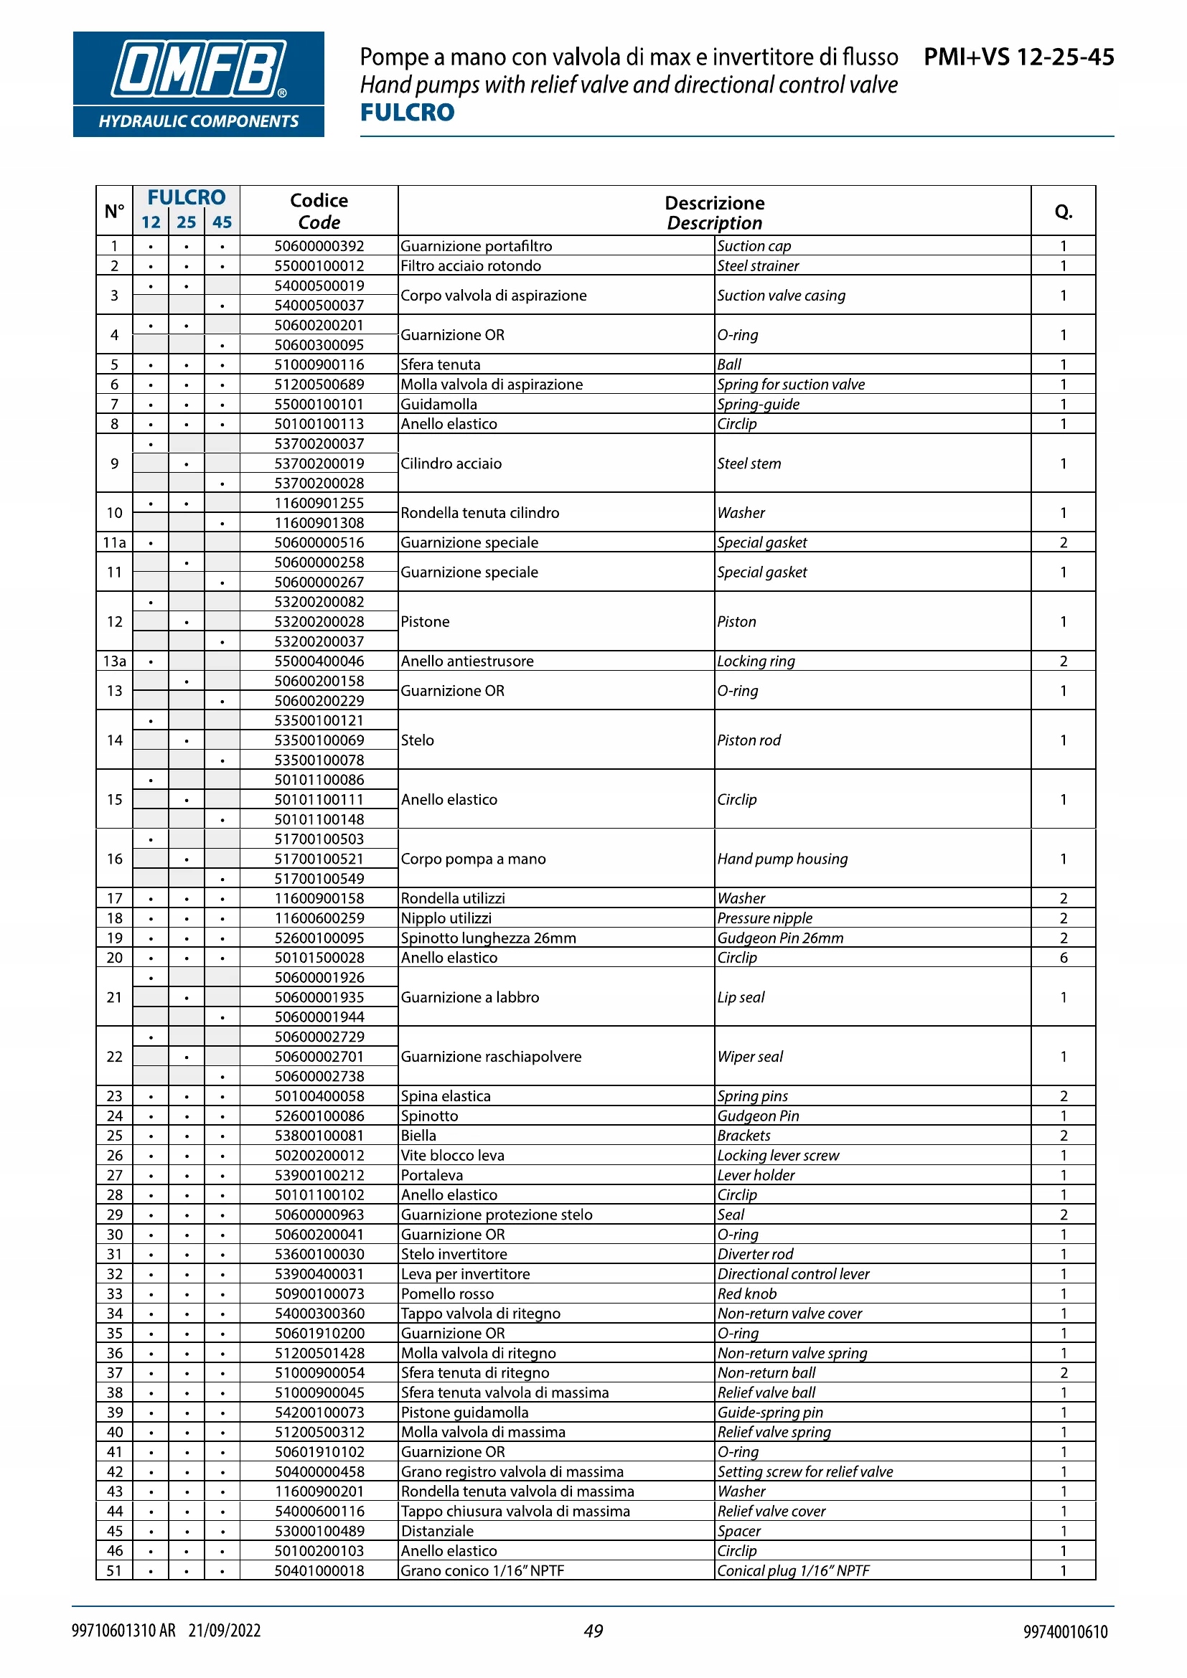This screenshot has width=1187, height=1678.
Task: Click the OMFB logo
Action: point(198,83)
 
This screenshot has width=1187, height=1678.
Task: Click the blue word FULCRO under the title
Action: point(407,113)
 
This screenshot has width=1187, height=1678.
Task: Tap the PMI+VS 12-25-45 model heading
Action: point(1018,57)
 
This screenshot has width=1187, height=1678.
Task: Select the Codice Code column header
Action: point(319,211)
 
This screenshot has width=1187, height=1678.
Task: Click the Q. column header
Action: point(1063,212)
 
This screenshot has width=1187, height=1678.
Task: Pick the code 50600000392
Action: point(319,246)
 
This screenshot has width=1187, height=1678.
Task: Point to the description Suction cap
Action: point(754,246)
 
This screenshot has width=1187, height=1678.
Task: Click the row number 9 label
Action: point(115,463)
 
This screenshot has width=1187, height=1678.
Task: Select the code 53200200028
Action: point(319,622)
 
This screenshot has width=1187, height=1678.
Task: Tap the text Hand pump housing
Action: point(782,859)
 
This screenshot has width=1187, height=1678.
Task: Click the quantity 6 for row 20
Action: point(1063,958)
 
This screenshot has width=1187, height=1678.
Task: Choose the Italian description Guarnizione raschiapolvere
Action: point(491,1057)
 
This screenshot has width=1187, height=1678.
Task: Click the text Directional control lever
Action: point(793,1274)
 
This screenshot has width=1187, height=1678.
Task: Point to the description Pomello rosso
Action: point(447,1293)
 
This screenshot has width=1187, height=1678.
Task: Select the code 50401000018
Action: point(319,1570)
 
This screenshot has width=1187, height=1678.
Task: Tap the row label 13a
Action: point(115,661)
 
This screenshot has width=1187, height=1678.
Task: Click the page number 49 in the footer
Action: point(593,1631)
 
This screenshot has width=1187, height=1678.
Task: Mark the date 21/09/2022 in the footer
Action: point(225,1631)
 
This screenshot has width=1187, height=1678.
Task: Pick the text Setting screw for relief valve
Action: point(804,1472)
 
